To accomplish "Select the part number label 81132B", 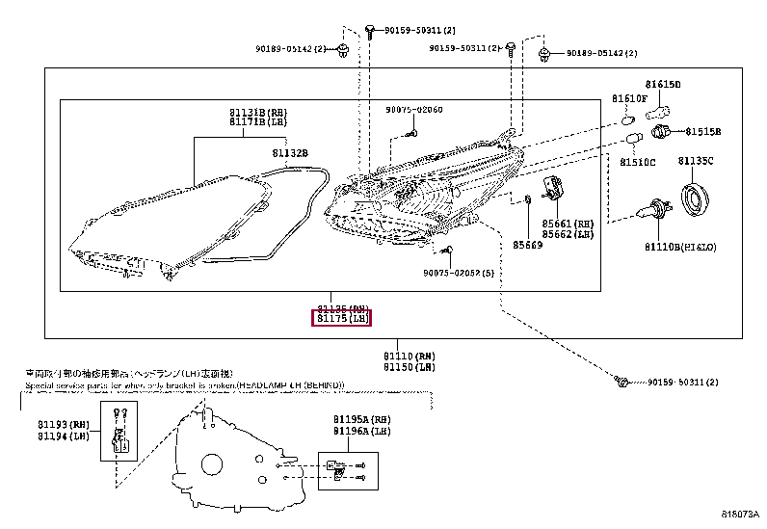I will click(289, 153).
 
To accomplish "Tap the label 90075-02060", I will click(414, 110).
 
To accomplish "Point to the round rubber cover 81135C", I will click(697, 198).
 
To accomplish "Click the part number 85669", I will click(528, 246).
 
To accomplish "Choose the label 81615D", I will click(663, 85).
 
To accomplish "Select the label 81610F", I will click(629, 99).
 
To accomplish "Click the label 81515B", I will click(703, 131).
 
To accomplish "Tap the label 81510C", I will click(637, 162).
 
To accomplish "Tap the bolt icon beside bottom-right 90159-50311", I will click(622, 383).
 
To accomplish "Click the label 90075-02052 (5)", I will click(458, 273).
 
